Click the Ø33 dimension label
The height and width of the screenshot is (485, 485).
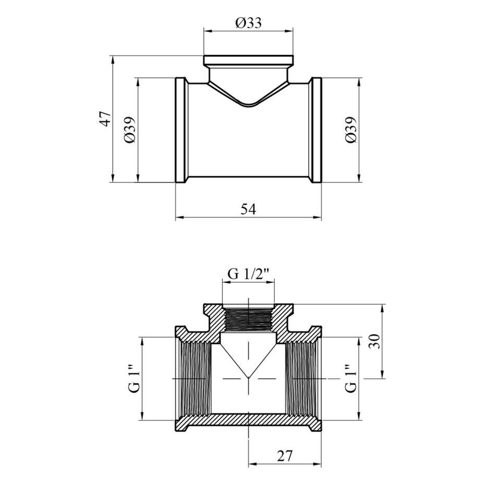(248, 23)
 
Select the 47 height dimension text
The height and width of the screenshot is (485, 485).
(106, 118)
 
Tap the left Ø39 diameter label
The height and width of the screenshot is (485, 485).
(130, 130)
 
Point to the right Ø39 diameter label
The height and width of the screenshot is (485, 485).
(351, 130)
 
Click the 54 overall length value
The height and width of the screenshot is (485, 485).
(248, 210)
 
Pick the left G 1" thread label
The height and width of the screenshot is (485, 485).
(135, 378)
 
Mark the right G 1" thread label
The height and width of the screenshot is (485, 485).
(351, 378)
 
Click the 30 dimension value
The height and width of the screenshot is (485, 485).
(374, 341)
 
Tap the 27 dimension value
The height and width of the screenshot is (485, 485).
(285, 456)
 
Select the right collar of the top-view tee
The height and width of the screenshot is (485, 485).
(316, 130)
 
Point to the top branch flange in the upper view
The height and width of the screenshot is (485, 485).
(248, 60)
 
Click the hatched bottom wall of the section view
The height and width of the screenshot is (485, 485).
(248, 421)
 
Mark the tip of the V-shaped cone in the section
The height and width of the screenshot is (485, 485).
(248, 378)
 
